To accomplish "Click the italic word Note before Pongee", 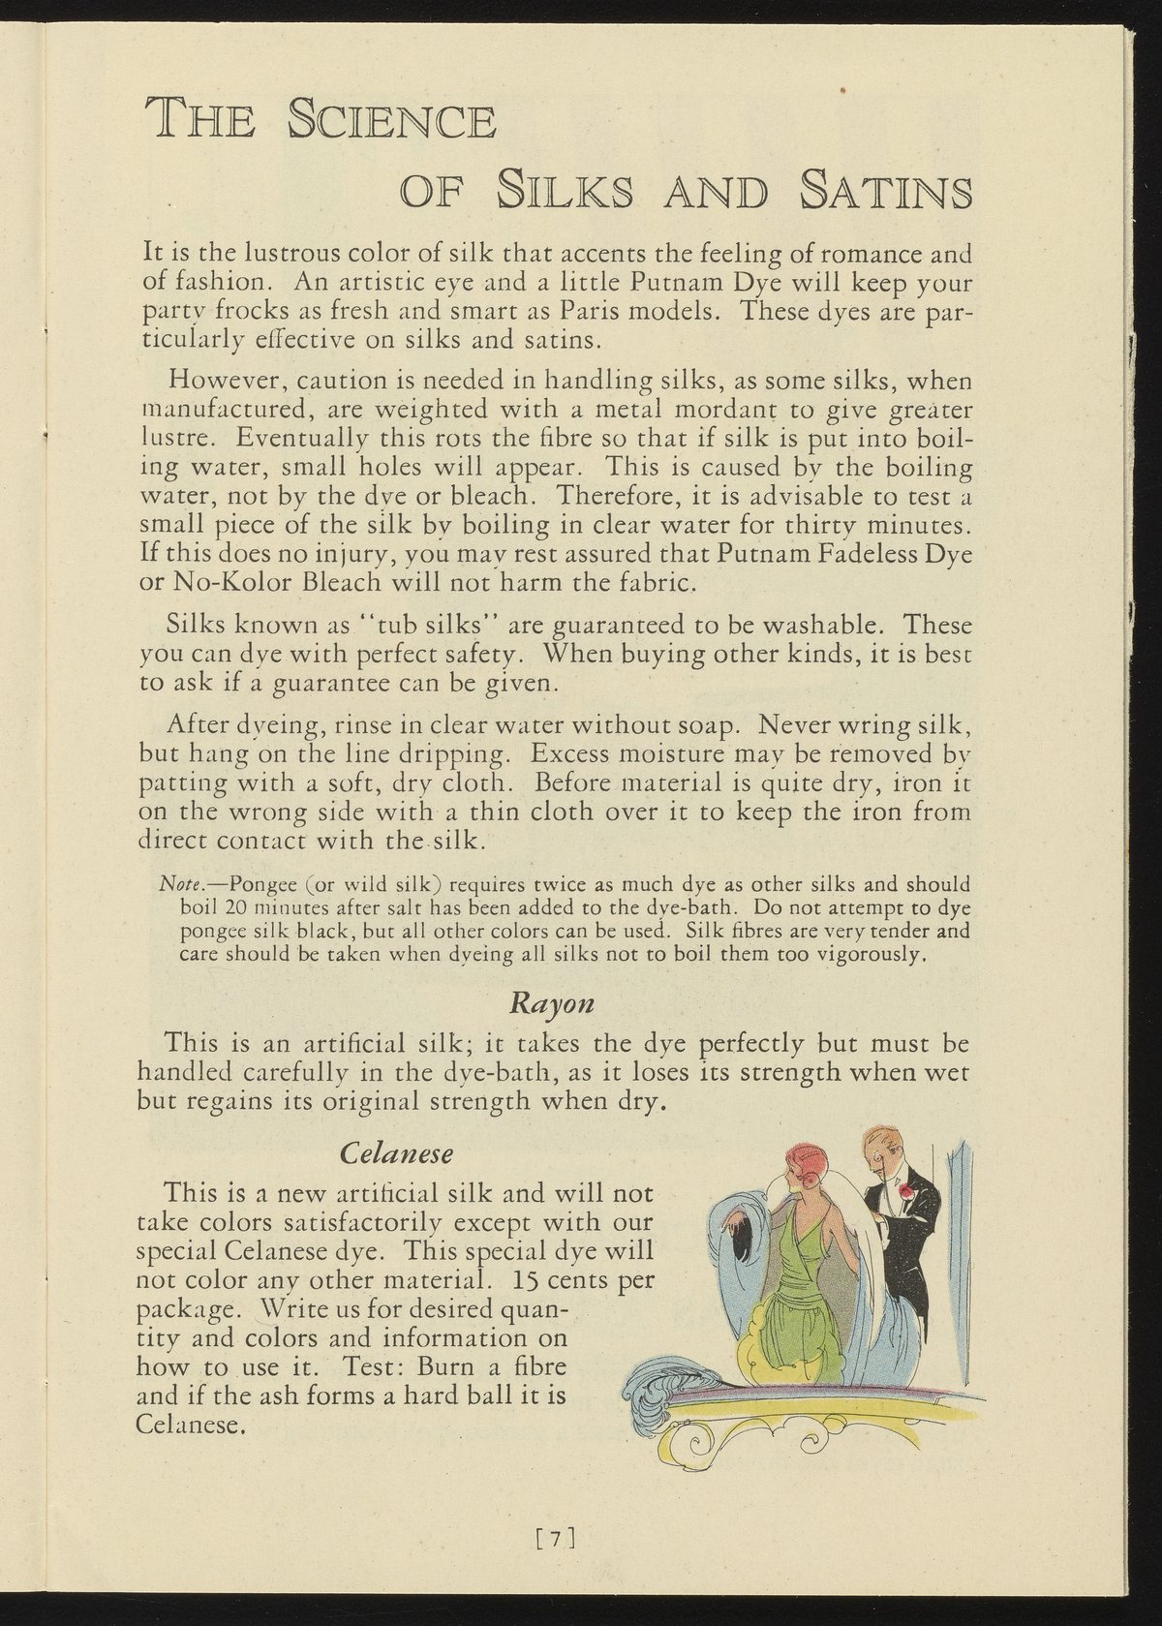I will (178, 884).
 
